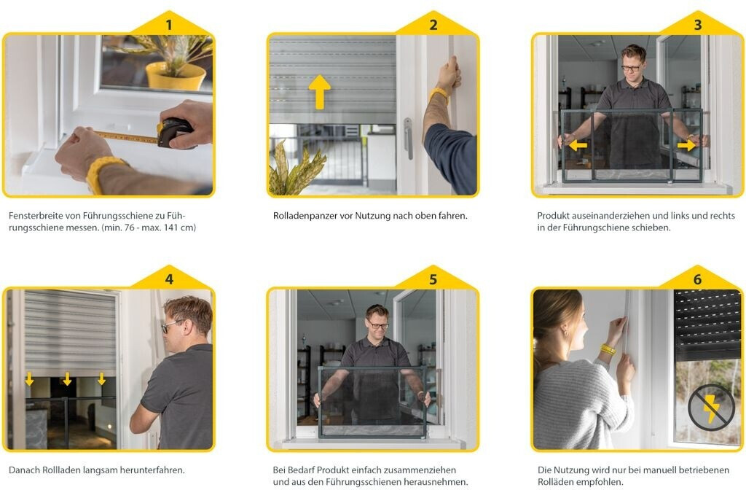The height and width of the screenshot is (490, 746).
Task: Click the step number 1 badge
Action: click(x=169, y=24)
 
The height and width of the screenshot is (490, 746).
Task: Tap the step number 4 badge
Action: click(x=169, y=279)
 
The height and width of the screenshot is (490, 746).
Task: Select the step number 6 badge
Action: click(x=697, y=279)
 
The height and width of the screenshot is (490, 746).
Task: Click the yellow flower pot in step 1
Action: click(x=176, y=76)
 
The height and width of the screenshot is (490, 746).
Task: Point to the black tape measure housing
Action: click(x=174, y=131)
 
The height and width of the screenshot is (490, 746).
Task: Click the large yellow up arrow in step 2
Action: click(x=319, y=91)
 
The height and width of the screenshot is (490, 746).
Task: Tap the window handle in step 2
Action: click(x=408, y=138)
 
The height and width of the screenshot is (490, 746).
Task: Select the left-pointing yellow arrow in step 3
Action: click(x=578, y=145)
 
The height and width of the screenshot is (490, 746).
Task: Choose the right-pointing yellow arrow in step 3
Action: click(x=686, y=145)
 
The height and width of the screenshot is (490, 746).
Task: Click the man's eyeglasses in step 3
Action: click(x=631, y=68)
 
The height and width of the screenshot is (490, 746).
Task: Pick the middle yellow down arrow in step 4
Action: click(x=67, y=379)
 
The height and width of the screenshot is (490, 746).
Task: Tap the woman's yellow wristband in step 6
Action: click(x=608, y=350)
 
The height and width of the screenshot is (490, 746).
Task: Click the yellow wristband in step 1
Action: click(x=101, y=173)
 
